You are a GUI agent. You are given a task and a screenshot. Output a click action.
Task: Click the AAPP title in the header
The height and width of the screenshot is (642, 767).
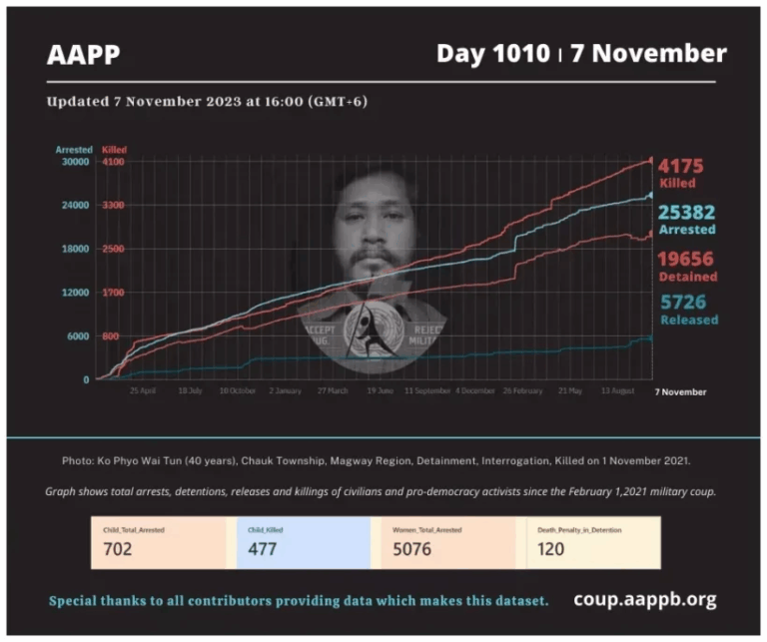coord(84,54)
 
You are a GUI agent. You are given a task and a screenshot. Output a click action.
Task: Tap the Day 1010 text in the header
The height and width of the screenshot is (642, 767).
coord(491,53)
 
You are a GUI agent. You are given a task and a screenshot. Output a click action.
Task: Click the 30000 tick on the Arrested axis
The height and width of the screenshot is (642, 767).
coord(76,162)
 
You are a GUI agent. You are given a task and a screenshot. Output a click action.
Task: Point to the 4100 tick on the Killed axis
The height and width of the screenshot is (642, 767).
coord(113,162)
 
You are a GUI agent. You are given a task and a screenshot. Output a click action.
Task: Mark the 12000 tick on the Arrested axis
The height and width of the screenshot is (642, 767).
coord(76,293)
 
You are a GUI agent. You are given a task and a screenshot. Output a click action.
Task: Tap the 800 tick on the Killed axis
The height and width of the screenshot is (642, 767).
coord(113,336)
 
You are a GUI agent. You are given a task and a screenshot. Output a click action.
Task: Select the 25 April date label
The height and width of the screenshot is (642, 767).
coord(143,391)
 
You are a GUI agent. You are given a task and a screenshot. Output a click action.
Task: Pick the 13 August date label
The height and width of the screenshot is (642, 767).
coord(618,391)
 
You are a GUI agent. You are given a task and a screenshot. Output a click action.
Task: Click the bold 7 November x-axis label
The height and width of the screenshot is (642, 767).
coord(680,392)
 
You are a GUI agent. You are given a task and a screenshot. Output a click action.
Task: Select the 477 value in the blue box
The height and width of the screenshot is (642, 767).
coord(263,548)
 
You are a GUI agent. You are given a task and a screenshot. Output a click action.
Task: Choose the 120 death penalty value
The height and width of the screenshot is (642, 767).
coord(550,548)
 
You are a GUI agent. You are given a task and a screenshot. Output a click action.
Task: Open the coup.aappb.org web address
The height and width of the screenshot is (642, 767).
coord(644,600)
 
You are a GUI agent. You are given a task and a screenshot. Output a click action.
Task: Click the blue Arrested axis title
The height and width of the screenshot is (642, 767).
coord(73,150)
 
